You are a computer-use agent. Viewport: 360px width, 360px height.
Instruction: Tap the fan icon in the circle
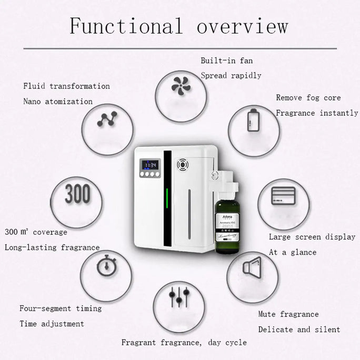pyautogui.click(x=180, y=85)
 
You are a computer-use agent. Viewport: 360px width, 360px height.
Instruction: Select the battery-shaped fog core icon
pyautogui.click(x=253, y=121)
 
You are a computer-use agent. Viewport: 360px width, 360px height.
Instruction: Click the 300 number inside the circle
pyautogui.click(x=77, y=194)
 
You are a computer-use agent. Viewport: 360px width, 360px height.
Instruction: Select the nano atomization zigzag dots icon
pyautogui.click(x=106, y=121)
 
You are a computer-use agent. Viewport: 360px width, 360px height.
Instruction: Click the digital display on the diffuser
pyautogui.click(x=149, y=165)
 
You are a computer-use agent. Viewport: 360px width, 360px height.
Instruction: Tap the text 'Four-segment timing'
pyautogui.click(x=61, y=308)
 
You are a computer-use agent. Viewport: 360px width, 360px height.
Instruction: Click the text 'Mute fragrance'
pyautogui.click(x=288, y=314)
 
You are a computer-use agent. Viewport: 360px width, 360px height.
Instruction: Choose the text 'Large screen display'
pyautogui.click(x=312, y=237)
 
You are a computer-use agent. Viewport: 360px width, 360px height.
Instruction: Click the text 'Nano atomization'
pyautogui.click(x=58, y=101)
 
